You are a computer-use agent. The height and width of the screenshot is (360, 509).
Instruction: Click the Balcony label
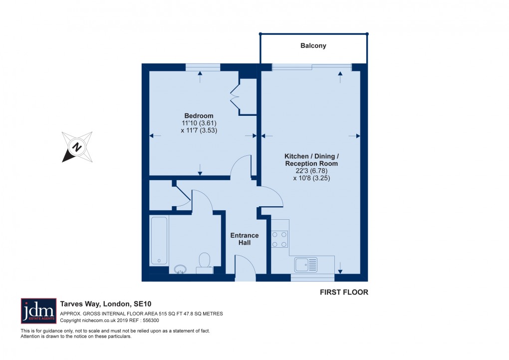[x=313, y=45]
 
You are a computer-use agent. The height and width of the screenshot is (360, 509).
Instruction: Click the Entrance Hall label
[x=244, y=239]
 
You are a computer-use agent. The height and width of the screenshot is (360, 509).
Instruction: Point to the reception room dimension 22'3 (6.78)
[x=311, y=171]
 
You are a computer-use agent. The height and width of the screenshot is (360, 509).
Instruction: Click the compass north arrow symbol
[x=76, y=147]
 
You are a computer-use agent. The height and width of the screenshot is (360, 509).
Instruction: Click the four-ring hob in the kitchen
[x=279, y=239]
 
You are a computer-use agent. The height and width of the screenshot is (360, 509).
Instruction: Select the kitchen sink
[x=305, y=263]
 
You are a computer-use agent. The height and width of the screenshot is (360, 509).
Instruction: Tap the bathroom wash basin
[x=180, y=270]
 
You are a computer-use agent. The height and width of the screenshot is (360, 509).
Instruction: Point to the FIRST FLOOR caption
[x=344, y=293]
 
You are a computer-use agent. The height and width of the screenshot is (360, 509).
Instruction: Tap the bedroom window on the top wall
[x=203, y=67]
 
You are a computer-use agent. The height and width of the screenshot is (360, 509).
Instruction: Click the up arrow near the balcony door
[x=340, y=75]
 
